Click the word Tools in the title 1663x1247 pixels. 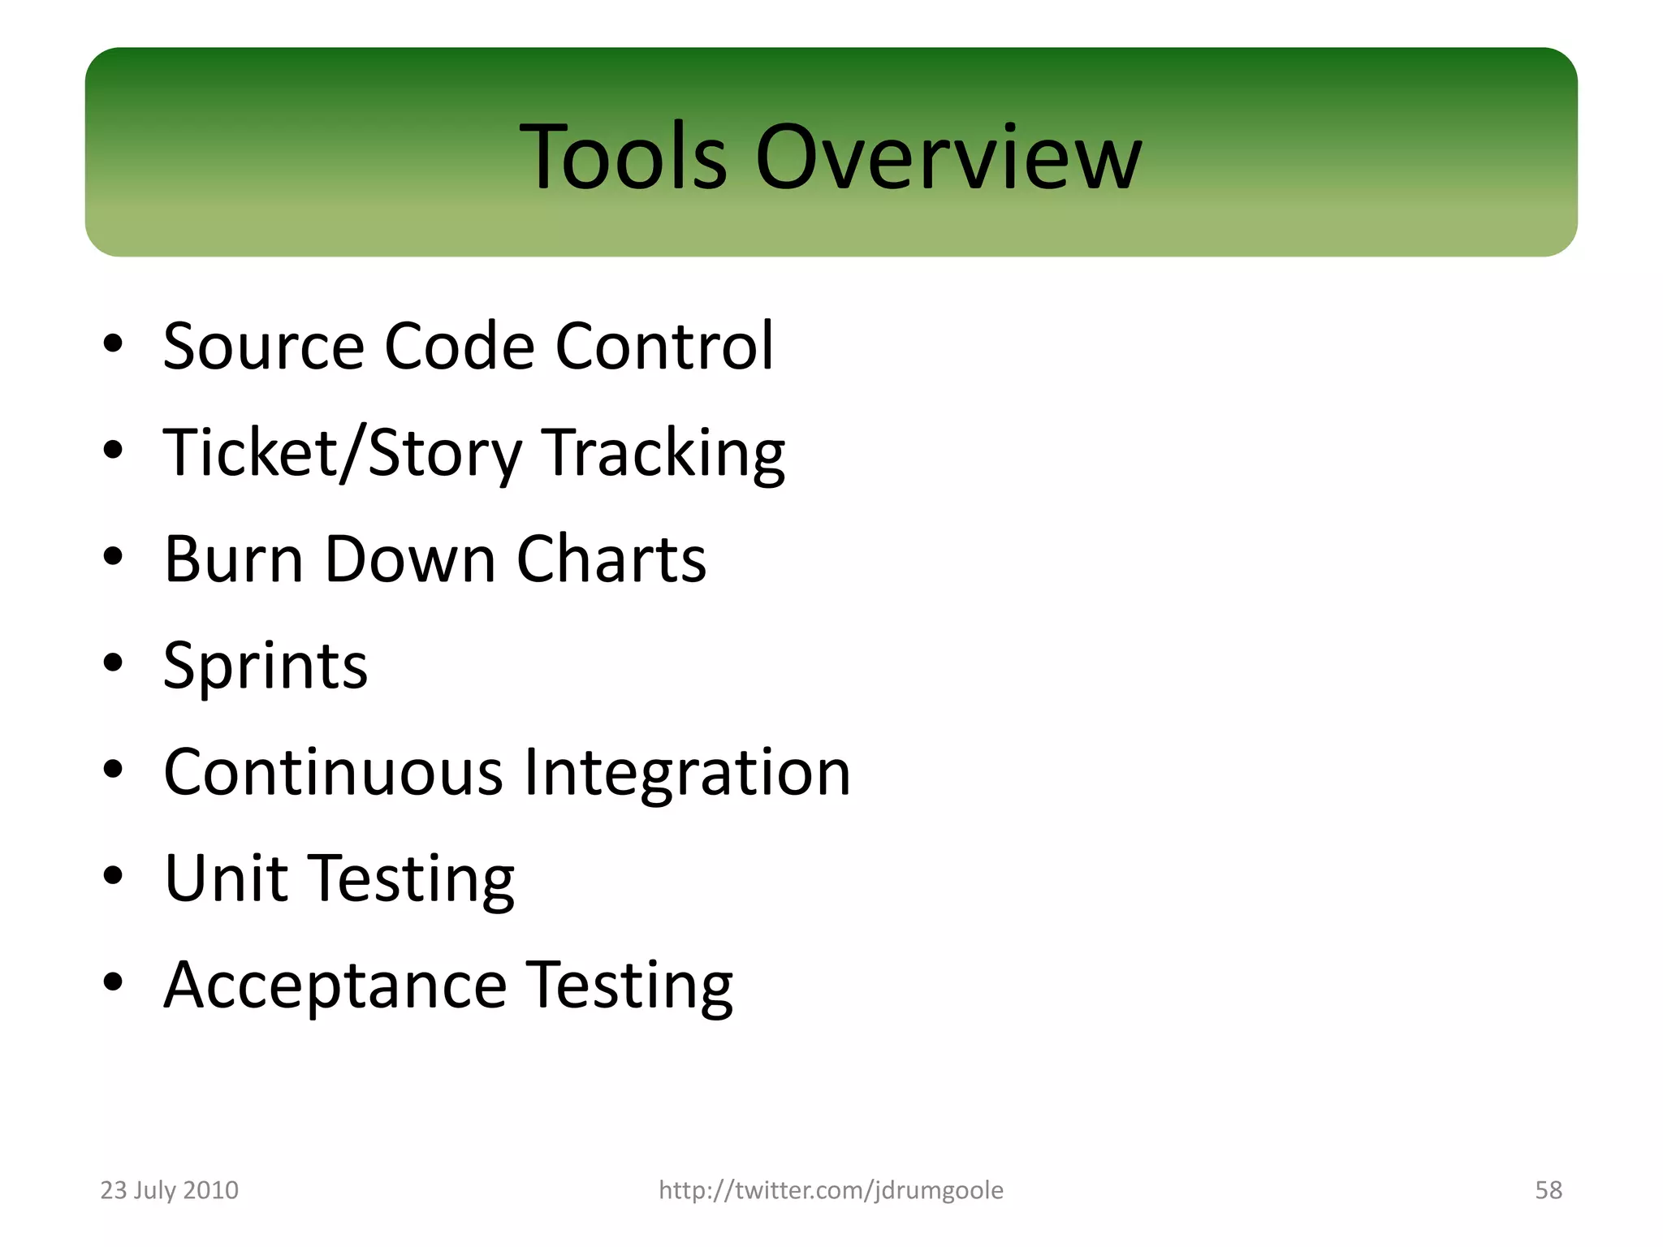coord(623,157)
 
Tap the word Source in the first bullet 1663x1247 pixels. coord(263,347)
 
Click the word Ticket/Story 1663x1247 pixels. coord(342,453)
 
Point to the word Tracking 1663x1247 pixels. coord(663,453)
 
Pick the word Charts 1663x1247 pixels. coord(611,559)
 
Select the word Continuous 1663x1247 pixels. coord(334,772)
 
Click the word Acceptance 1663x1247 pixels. coord(335,986)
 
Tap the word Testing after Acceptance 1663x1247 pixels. coord(629,986)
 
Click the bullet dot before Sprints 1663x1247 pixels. coord(113,662)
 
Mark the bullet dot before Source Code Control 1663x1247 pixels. coord(113,343)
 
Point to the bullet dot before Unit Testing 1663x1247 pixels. coord(113,875)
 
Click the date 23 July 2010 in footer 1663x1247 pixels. coord(169,1190)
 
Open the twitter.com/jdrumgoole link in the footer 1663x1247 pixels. coord(831,1190)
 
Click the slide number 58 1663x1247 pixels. coord(1548,1190)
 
